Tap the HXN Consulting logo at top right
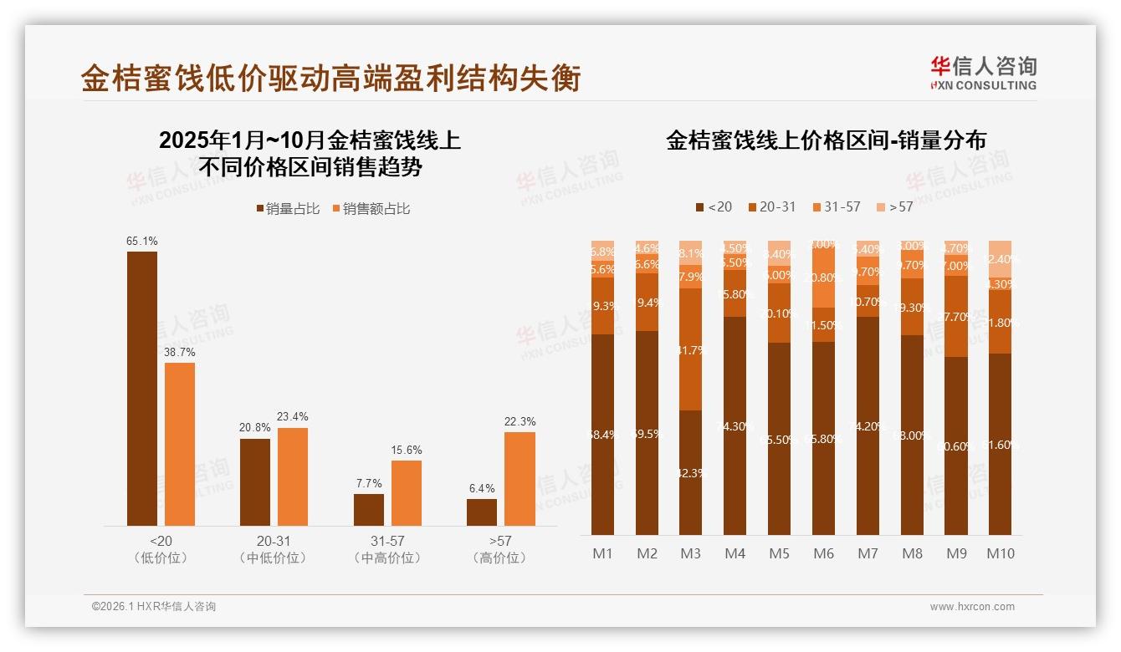[983, 73]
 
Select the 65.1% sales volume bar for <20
[142, 389]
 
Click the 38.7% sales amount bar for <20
[180, 444]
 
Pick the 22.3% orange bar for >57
[520, 479]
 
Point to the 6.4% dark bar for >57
[482, 512]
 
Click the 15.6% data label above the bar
[406, 451]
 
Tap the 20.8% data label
[255, 428]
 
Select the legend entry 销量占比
[288, 209]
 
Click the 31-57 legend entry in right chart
[836, 206]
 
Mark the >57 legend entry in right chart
[894, 206]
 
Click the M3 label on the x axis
[690, 553]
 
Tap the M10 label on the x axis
[1001, 553]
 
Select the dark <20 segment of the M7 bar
[868, 425]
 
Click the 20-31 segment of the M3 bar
[690, 349]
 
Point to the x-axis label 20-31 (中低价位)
[273, 549]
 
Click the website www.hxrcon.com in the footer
[972, 607]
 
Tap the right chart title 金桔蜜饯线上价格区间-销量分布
[826, 140]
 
